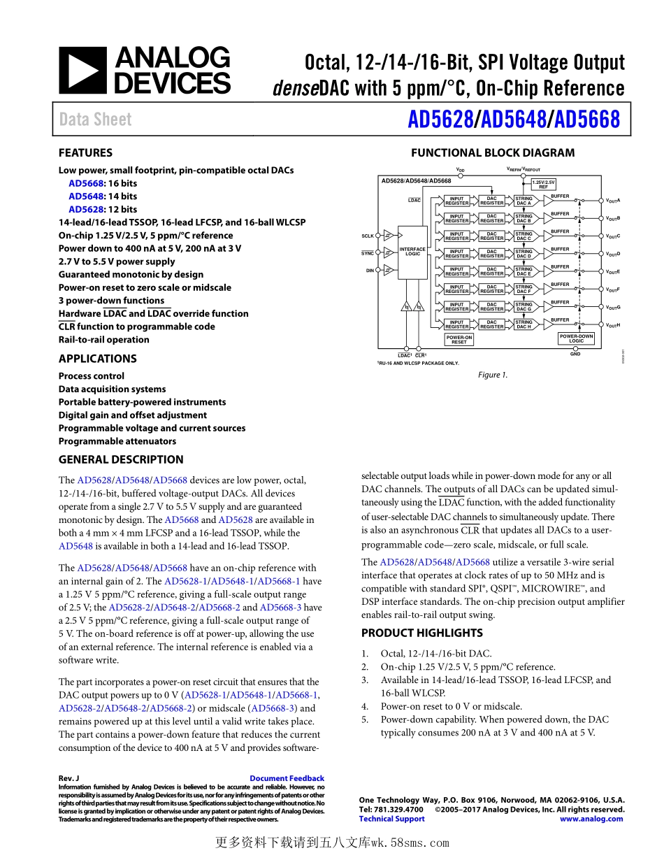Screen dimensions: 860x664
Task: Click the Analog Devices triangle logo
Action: click(x=82, y=71)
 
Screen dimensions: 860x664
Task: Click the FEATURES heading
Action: click(x=85, y=152)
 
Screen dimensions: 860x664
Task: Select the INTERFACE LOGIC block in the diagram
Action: click(x=412, y=252)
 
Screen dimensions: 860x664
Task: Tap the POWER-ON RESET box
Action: click(x=459, y=340)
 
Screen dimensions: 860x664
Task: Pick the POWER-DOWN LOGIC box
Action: click(x=576, y=339)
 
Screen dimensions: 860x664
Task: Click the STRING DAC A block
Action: click(x=524, y=201)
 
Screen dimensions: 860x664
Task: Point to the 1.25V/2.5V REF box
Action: click(x=543, y=185)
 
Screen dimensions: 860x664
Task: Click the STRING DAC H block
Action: click(x=524, y=324)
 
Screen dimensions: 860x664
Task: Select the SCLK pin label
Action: click(x=368, y=236)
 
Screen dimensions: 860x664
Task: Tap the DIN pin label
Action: click(x=370, y=270)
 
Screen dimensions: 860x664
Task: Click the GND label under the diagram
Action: click(x=575, y=354)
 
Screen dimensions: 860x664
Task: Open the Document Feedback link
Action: click(x=287, y=778)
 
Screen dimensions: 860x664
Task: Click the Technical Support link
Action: click(x=391, y=819)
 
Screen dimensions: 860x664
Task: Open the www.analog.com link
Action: click(x=591, y=819)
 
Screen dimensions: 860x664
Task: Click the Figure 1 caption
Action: click(x=493, y=375)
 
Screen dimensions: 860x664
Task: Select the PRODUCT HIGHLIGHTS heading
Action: click(x=421, y=633)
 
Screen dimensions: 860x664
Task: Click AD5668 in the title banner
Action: click(x=587, y=120)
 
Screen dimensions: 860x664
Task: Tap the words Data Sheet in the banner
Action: click(x=95, y=120)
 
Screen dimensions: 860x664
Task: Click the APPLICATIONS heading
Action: click(x=97, y=359)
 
